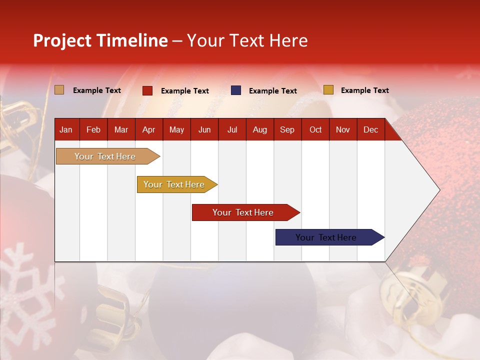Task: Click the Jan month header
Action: (66, 130)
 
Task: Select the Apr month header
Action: (148, 130)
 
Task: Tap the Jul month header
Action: (232, 130)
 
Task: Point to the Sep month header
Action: (287, 130)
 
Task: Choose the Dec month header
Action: (370, 130)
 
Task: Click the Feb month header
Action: (93, 130)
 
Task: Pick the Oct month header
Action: (315, 130)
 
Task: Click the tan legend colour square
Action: (59, 90)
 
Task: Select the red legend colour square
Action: (147, 90)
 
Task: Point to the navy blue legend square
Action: (236, 90)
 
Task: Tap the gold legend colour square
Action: (328, 90)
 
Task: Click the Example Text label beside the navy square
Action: (273, 91)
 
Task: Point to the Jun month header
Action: (204, 130)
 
